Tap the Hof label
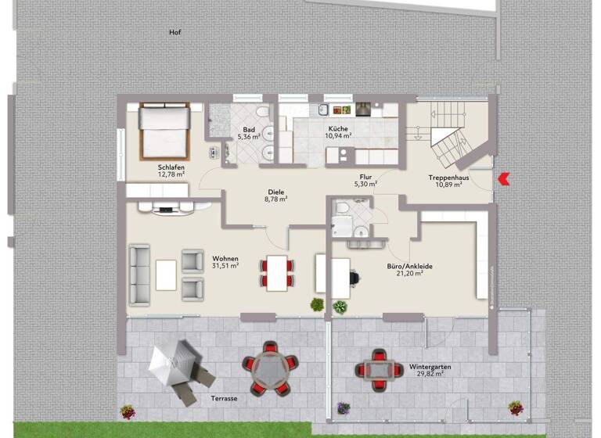(x=175, y=32)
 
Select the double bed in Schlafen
(x=164, y=131)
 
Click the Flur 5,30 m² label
(x=365, y=181)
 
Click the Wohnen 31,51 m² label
(x=225, y=262)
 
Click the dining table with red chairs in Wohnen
(x=278, y=273)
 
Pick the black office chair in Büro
(x=351, y=275)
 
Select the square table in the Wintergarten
(x=378, y=367)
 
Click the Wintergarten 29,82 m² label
(x=430, y=370)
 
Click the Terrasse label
(x=224, y=398)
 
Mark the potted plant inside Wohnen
(x=317, y=304)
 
